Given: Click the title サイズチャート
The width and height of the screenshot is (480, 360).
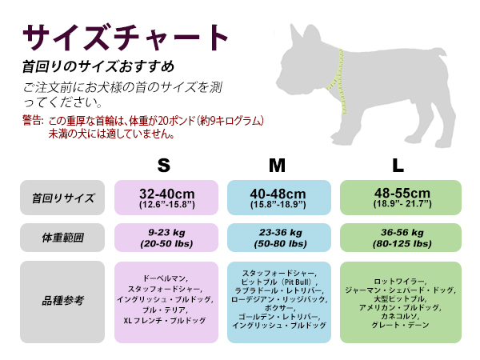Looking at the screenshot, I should click(x=126, y=37).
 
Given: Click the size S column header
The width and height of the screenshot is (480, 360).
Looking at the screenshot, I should click(x=163, y=166).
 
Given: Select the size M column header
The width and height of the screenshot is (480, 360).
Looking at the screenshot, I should click(x=277, y=166).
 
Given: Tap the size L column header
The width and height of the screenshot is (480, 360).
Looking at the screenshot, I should click(x=398, y=166).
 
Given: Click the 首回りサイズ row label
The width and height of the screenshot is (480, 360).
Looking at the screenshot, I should click(x=62, y=198).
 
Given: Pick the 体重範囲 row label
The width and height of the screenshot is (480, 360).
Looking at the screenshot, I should click(x=62, y=238).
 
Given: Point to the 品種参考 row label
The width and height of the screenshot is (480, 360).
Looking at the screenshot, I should click(x=62, y=302).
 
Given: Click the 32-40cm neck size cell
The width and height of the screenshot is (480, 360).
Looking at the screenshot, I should click(x=166, y=198).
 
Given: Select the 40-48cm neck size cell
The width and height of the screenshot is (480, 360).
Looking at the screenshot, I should click(x=278, y=198).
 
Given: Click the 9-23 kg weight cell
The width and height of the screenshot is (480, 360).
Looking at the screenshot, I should click(x=166, y=238).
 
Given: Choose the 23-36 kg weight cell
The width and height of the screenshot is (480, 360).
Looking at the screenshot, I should click(x=278, y=238).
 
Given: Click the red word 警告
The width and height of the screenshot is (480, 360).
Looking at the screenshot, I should click(x=33, y=121).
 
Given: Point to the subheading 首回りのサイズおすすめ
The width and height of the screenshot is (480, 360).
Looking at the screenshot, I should click(x=98, y=66).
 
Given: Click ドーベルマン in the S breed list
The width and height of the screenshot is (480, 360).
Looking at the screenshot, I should click(x=166, y=278).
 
